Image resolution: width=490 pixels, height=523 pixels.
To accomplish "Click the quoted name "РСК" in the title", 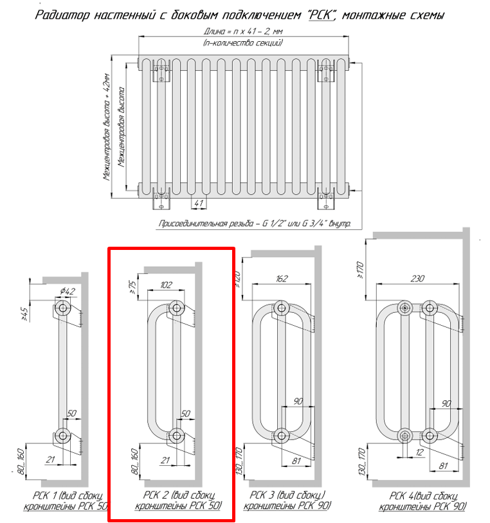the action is coord(322,15).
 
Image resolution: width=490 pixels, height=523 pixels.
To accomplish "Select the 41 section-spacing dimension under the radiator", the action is coord(199,203).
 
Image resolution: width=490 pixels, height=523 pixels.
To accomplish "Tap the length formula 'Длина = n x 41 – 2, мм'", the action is coord(243,31).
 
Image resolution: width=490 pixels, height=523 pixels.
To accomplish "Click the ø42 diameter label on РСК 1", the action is coord(68,291).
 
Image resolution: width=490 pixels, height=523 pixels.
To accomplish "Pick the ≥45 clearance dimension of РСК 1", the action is coord(24,314).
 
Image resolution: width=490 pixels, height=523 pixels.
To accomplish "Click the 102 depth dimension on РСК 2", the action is coord(166,285).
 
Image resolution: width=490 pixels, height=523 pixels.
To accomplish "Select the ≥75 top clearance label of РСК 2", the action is coord(132,287).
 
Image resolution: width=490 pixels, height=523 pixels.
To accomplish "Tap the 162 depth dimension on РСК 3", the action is coord(282,278).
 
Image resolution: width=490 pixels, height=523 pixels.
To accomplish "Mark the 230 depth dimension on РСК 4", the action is coord(417,278).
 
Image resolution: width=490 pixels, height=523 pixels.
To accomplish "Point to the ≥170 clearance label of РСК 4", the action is coord(361,270).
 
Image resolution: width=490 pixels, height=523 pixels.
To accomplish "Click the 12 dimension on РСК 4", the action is coord(419,452).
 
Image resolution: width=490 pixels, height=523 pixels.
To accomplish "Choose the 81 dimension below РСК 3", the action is coord(296,461).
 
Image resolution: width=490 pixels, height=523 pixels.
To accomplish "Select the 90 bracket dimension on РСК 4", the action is coord(446,403).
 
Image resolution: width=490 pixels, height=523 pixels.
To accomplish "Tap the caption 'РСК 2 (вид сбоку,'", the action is coord(179,495).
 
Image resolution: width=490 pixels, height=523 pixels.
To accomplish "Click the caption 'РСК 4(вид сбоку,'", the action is coord(424,496).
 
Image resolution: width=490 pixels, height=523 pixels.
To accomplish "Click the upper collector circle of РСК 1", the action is coord(62,308).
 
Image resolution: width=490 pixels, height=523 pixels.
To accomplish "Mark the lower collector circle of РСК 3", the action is coord(282,436).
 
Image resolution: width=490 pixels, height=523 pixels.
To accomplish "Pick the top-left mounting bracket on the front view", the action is coord(161,71).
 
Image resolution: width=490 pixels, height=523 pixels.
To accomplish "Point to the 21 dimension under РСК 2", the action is coord(165,460).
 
